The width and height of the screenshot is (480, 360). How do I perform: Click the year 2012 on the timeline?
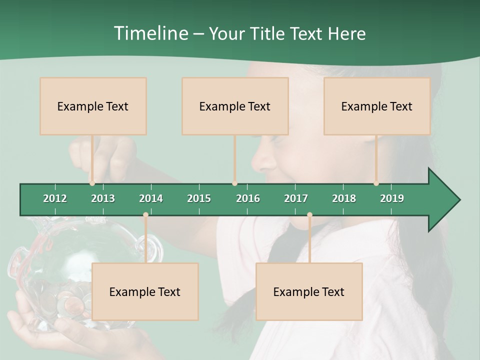click(55, 198)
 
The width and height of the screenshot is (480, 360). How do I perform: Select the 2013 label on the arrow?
click(103, 198)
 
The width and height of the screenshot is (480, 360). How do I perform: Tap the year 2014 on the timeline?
click(151, 198)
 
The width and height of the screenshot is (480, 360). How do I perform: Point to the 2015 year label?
click(199, 198)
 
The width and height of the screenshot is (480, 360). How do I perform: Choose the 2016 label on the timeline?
click(248, 198)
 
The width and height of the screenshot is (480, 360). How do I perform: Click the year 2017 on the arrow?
click(296, 198)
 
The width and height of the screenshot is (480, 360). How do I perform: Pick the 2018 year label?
click(344, 198)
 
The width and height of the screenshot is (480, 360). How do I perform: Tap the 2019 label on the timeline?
click(392, 198)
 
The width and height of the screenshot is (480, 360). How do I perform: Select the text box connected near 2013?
click(93, 106)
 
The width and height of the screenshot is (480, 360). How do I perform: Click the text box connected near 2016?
click(235, 106)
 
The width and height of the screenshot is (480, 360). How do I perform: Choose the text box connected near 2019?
click(377, 106)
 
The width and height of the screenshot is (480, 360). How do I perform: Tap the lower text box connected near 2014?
click(145, 291)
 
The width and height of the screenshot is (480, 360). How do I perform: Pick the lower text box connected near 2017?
click(309, 291)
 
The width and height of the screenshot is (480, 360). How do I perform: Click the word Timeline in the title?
click(150, 33)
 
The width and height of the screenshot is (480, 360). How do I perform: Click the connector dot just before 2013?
click(92, 183)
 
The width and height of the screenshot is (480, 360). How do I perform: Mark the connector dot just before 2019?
click(376, 183)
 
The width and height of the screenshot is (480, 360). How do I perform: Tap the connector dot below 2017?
click(309, 215)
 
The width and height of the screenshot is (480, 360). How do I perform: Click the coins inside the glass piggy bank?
click(67, 302)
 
